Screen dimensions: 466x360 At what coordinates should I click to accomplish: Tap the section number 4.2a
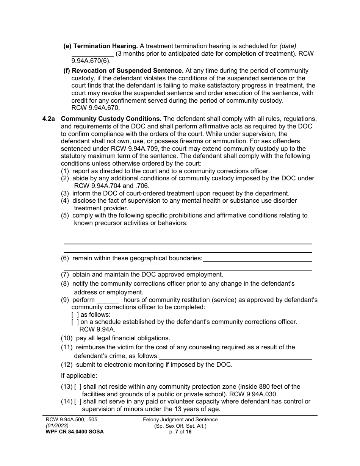coord(49,119)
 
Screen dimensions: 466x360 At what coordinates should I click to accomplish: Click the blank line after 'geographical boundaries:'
coord(257,259)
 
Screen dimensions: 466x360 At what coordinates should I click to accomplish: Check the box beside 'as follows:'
coord(75,314)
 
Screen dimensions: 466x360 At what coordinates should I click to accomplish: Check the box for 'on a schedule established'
coord(75,322)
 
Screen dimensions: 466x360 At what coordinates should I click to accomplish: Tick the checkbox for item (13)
coord(78,386)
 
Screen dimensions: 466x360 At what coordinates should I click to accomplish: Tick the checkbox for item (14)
coord(78,402)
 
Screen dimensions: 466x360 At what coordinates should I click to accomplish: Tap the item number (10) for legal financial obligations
coord(67,338)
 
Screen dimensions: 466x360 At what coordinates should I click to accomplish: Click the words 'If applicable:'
coord(79,376)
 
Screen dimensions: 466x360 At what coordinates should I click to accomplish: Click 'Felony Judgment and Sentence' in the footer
coord(180,419)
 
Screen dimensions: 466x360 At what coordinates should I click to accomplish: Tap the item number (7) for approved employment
coord(65,275)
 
